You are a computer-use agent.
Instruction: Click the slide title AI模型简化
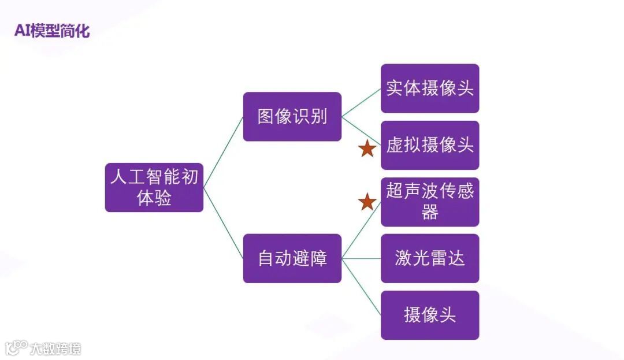[x=52, y=31]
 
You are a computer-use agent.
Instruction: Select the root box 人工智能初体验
[x=154, y=187]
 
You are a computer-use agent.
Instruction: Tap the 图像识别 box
[x=292, y=116]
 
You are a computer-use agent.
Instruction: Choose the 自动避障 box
[x=292, y=258]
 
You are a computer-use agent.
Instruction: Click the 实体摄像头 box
[x=429, y=88]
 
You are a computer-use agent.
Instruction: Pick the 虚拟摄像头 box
[x=429, y=145]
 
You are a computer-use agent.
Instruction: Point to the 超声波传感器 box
[x=429, y=201]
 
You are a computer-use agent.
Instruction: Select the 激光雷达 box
[x=429, y=258]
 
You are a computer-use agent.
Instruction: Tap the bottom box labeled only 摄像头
[x=429, y=315]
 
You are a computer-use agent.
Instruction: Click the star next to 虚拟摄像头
[x=367, y=149]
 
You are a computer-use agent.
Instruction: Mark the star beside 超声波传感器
[x=367, y=202]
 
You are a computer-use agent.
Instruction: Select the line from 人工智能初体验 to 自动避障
[x=223, y=222]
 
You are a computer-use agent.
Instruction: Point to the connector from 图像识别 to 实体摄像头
[x=361, y=102]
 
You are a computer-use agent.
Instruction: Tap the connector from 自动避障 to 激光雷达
[x=361, y=258]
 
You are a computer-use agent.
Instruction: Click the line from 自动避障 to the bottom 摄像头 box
[x=361, y=287]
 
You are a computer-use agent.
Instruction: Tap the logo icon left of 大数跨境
[x=16, y=347]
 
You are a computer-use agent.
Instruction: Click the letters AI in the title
[x=23, y=31]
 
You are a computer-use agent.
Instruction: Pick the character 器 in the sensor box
[x=429, y=213]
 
